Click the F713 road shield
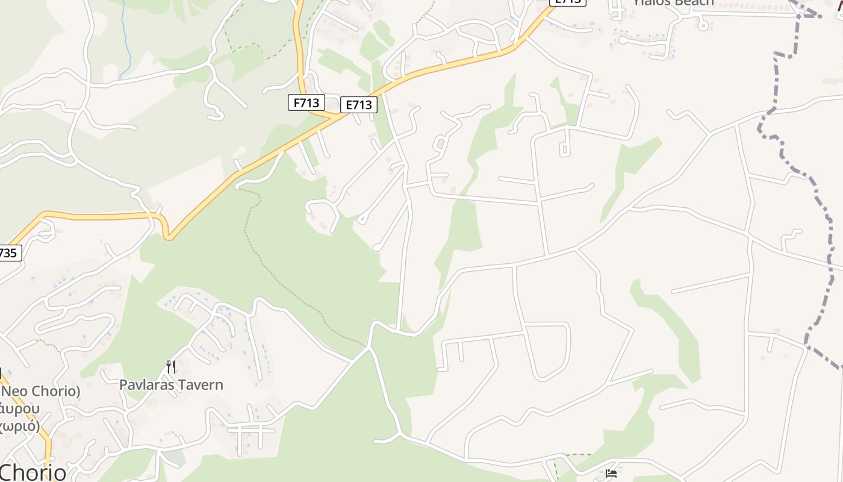[x=306, y=103]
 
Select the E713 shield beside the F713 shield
[x=358, y=105]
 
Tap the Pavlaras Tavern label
[x=171, y=384]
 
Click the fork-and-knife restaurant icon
[x=171, y=366]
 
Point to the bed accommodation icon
[x=612, y=473]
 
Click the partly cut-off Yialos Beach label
[x=673, y=2]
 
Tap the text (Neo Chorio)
[x=40, y=391]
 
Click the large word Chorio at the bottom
[x=33, y=472]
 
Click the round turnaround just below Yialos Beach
[x=702, y=25]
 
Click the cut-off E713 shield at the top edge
[x=567, y=2]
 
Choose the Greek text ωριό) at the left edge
[x=20, y=426]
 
